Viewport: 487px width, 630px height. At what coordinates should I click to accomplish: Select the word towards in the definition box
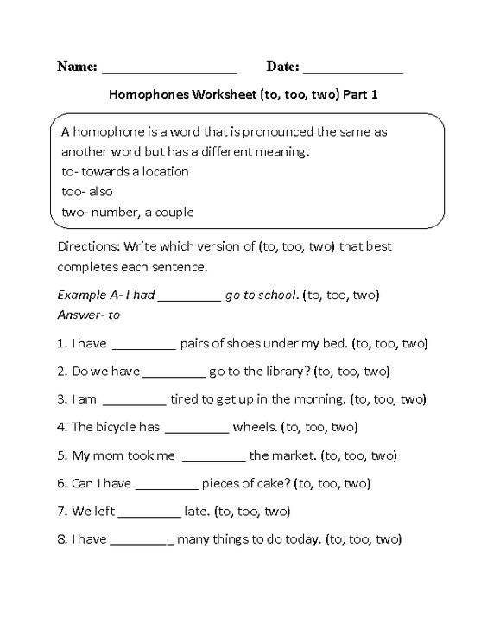coord(114,171)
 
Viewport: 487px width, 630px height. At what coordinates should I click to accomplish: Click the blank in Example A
coord(190,296)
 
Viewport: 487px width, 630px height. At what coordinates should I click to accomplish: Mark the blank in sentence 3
coord(134,400)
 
